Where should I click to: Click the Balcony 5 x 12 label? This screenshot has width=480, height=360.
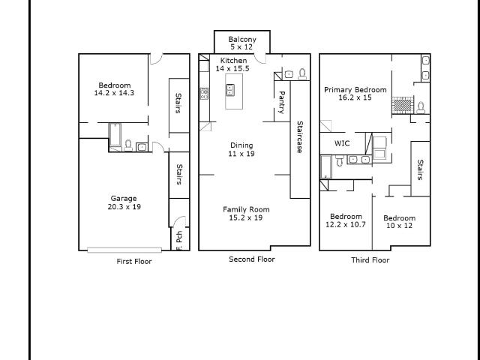click(242, 43)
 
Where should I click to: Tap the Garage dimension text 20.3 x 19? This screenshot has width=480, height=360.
click(124, 207)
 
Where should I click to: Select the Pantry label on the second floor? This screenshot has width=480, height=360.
click(282, 102)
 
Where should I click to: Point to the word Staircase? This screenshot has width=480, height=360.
click(300, 136)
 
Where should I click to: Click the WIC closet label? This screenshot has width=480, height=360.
click(342, 143)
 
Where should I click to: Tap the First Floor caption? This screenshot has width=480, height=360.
click(134, 262)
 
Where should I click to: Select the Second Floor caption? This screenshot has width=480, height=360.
click(252, 259)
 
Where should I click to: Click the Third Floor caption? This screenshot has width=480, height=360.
click(370, 260)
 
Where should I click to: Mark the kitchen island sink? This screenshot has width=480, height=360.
click(230, 90)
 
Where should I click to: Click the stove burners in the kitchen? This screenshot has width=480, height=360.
click(204, 93)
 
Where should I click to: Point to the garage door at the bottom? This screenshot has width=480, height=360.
click(124, 250)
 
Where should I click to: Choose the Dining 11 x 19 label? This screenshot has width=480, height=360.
click(241, 149)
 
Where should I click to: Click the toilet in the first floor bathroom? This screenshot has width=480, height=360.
click(128, 145)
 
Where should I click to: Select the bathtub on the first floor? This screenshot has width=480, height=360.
click(115, 135)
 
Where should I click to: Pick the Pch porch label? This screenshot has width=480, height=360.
click(179, 236)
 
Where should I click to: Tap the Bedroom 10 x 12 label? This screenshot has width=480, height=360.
click(399, 222)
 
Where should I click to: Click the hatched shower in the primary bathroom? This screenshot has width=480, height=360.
click(403, 106)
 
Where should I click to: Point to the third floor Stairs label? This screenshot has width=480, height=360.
click(420, 169)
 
